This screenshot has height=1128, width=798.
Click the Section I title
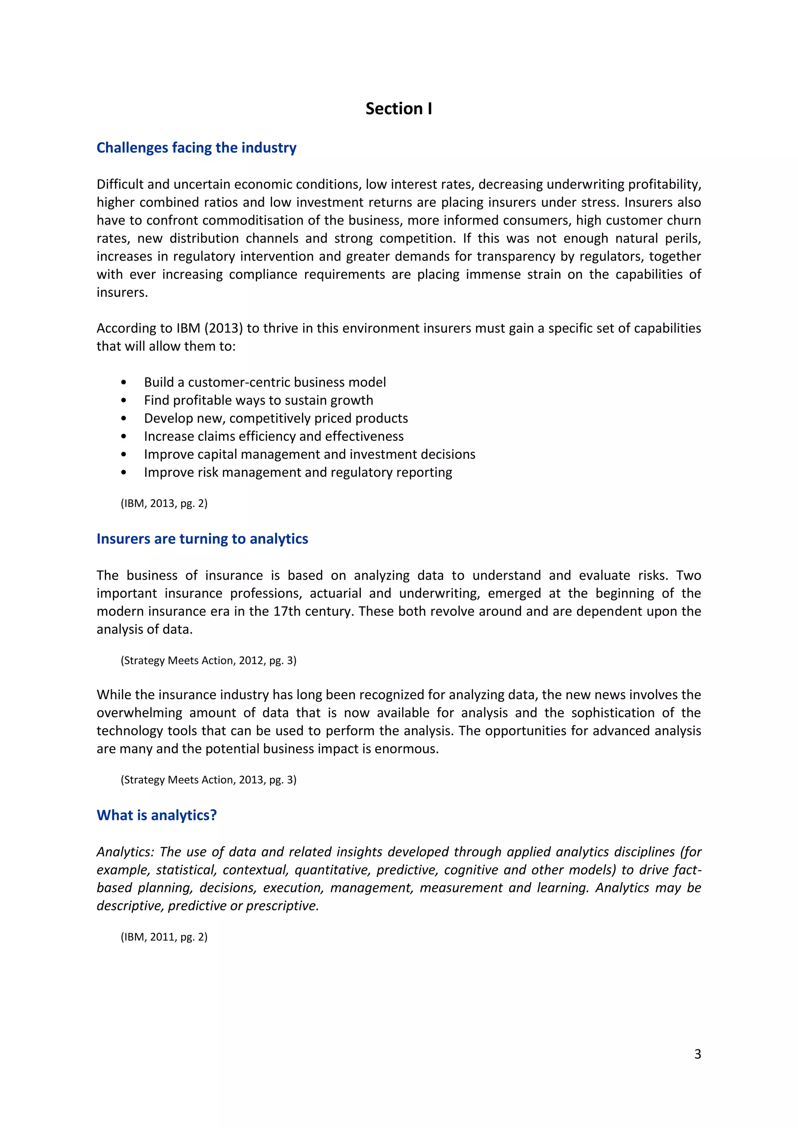click(399, 109)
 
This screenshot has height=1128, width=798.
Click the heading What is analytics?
click(156, 815)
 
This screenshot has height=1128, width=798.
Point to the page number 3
click(697, 1054)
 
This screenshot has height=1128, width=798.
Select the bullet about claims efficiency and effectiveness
click(273, 436)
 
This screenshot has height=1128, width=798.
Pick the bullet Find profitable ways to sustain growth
click(258, 400)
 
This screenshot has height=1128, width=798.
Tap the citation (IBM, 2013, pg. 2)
click(164, 503)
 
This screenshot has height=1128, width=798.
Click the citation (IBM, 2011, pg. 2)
click(164, 937)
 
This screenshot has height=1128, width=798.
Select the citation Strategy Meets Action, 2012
click(208, 660)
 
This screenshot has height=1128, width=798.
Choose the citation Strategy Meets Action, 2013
click(208, 780)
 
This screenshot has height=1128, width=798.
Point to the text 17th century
click(313, 611)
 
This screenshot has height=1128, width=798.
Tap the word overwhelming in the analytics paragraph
click(139, 713)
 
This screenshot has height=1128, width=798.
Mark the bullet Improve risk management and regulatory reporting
click(298, 472)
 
